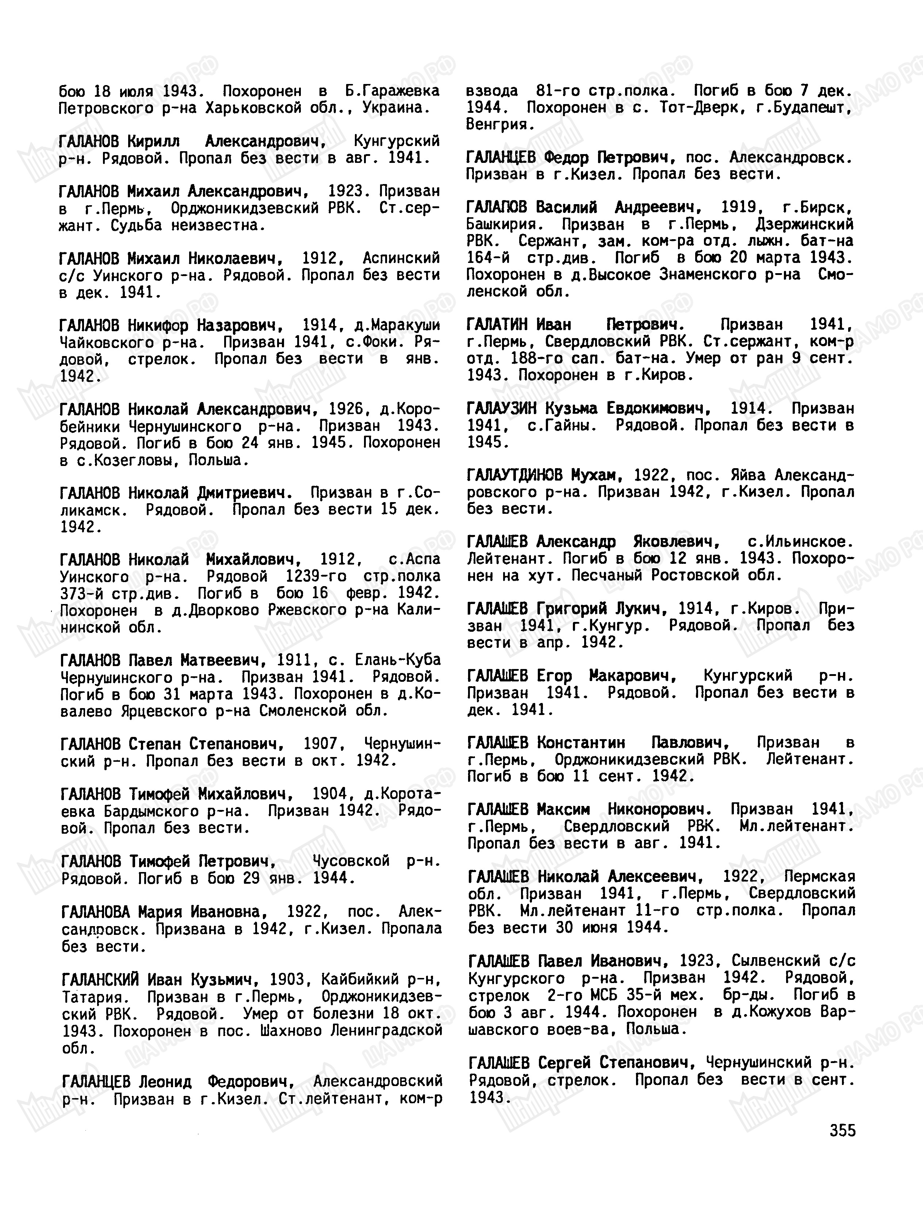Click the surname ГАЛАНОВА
[x=95, y=911]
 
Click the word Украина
[x=395, y=108]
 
